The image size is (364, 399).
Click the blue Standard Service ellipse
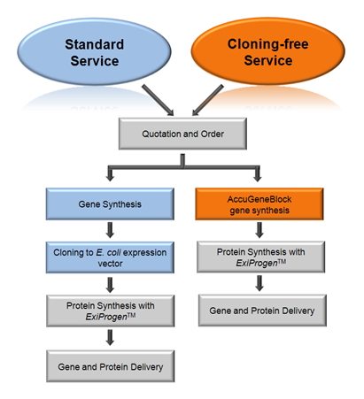(94, 52)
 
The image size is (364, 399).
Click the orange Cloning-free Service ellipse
(267, 51)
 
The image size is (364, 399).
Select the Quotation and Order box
(182, 134)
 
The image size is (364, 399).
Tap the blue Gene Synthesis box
(110, 204)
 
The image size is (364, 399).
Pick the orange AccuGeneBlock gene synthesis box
(259, 204)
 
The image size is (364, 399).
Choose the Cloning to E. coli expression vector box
(110, 257)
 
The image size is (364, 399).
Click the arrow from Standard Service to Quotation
(158, 100)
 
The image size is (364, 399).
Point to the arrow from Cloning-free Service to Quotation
(208, 100)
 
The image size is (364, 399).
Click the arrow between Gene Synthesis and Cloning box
(110, 230)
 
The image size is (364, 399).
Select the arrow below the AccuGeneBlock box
(259, 230)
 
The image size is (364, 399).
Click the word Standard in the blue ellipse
(95, 44)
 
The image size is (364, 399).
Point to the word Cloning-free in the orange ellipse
(268, 44)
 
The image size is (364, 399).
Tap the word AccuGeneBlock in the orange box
(259, 199)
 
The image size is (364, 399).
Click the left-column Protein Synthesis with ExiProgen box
(111, 311)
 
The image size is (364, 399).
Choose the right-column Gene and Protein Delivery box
(262, 311)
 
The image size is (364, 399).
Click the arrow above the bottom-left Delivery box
(110, 337)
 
